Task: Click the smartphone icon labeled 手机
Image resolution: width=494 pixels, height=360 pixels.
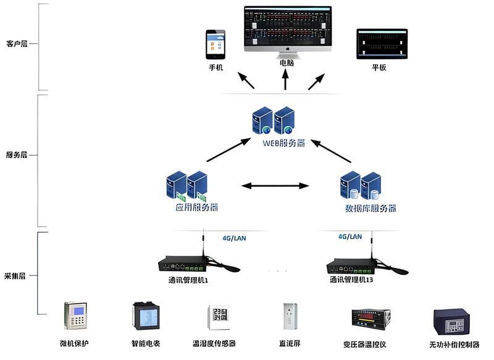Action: tap(216, 44)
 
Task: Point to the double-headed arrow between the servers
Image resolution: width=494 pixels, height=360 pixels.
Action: tap(275, 185)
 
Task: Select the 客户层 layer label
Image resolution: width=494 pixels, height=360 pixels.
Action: tap(17, 44)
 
